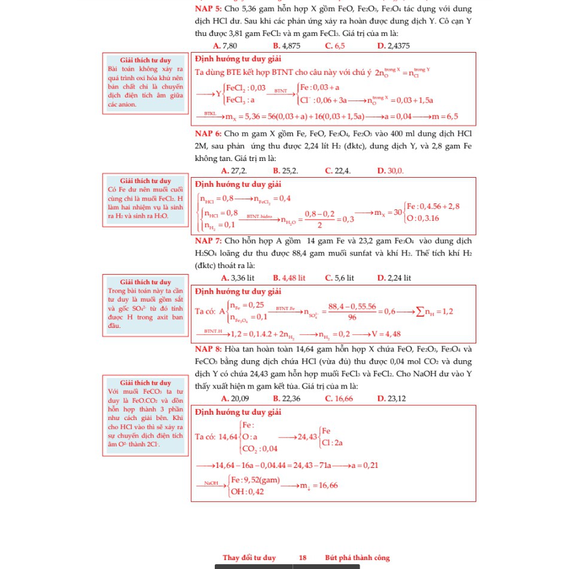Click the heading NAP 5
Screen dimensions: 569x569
tap(209, 9)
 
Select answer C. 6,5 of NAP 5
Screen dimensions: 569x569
tap(334, 45)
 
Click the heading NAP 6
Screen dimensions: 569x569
tap(209, 133)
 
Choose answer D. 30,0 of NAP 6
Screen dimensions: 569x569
tap(391, 171)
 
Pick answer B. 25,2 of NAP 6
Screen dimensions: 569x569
tap(285, 171)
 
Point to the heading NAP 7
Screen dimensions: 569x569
tap(209, 241)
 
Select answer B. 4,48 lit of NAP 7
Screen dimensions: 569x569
tap(289, 278)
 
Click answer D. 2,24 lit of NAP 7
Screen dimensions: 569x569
tap(394, 278)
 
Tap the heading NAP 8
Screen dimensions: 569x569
tap(209, 349)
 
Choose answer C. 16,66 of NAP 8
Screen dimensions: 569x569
tap(339, 398)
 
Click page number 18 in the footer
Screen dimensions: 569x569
tap(303, 558)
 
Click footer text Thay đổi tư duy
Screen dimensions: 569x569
tap(249, 558)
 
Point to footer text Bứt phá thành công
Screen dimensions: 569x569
tap(357, 558)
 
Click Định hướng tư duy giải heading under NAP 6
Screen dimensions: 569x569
tap(238, 184)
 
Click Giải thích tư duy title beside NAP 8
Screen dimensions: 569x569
tap(145, 382)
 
